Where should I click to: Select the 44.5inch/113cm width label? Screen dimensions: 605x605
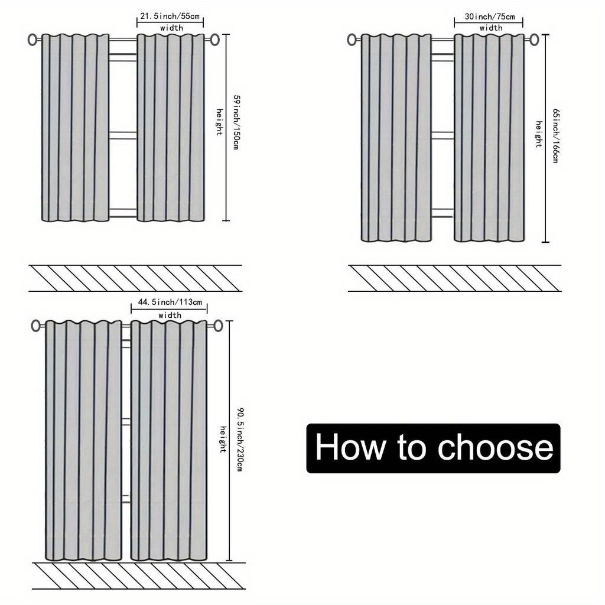click(x=170, y=302)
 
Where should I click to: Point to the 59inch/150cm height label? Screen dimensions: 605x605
click(x=235, y=122)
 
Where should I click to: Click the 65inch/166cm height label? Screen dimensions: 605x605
click(x=555, y=136)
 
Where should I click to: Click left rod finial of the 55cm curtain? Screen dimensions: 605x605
click(x=32, y=40)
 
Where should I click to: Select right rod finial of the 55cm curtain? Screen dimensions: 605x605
click(x=214, y=40)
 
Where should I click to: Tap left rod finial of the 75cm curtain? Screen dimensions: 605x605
click(x=352, y=40)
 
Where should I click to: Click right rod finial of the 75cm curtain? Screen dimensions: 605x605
click(x=534, y=40)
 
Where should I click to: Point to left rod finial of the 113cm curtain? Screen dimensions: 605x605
click(x=36, y=326)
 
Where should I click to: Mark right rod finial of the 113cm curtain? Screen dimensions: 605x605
click(x=218, y=326)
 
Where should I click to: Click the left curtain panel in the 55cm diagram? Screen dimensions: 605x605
click(x=75, y=127)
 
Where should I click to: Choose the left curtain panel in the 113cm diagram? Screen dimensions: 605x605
click(x=83, y=440)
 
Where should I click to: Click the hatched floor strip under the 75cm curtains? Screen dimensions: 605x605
click(x=454, y=278)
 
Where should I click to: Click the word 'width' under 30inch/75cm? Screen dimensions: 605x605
click(x=491, y=28)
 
